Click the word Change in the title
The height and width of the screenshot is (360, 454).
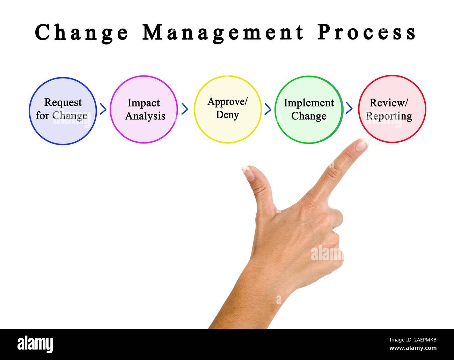82,33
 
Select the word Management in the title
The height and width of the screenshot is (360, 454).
223,33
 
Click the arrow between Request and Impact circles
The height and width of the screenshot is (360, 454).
103,109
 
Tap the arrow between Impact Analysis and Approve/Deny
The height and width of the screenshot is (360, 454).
185,109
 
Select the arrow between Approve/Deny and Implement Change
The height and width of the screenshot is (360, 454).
268,109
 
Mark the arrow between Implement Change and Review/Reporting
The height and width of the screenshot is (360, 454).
349,109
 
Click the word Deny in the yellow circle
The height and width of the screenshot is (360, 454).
227,115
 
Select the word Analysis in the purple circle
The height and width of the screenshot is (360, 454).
145,116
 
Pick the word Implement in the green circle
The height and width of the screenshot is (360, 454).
309,103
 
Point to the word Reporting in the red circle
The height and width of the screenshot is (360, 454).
389,116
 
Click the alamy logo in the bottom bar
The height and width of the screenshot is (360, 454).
35,344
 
